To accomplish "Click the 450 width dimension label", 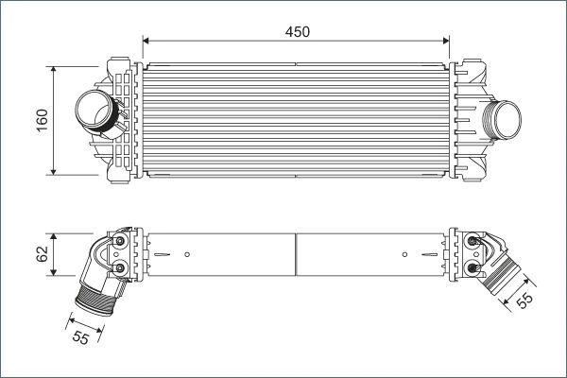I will (298, 31).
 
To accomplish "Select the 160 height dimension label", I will (43, 120).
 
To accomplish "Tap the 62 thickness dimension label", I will (43, 253).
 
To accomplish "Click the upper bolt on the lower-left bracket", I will (120, 243).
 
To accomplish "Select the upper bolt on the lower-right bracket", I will (472, 244).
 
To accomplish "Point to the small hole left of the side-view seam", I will (188, 254).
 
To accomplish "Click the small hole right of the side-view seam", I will (404, 254).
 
